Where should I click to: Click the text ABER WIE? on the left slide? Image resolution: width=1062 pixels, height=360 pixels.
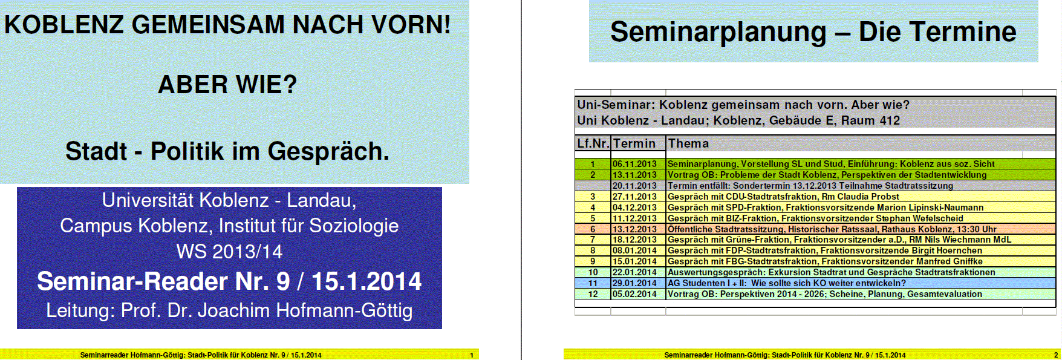tap(227, 84)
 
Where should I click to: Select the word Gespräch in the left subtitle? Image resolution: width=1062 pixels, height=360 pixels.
tap(328, 152)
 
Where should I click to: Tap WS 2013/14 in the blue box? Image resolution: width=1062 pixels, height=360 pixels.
tap(229, 251)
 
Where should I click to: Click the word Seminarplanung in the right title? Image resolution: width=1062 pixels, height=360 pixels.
tap(718, 32)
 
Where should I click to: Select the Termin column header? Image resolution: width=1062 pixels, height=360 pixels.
tap(634, 143)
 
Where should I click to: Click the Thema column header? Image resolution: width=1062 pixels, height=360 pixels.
tap(688, 143)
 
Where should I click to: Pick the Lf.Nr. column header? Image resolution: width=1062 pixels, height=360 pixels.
tap(593, 143)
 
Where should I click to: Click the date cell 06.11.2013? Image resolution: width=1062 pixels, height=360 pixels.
tap(634, 164)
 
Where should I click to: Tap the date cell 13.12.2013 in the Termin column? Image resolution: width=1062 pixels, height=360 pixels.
tap(634, 229)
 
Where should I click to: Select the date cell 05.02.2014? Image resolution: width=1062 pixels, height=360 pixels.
tap(634, 294)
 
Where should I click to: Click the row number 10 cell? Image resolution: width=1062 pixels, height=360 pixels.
tap(593, 272)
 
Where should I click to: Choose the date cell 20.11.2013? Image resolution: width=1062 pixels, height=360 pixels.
tap(634, 186)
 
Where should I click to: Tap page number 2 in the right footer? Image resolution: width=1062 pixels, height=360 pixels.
tap(1056, 355)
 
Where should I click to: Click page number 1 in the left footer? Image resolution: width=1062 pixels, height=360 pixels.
tap(472, 355)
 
